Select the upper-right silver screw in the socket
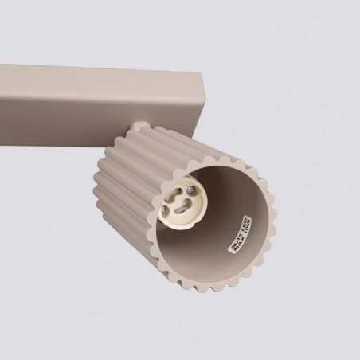coord(194,190)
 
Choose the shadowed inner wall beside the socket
coord(215,239)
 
